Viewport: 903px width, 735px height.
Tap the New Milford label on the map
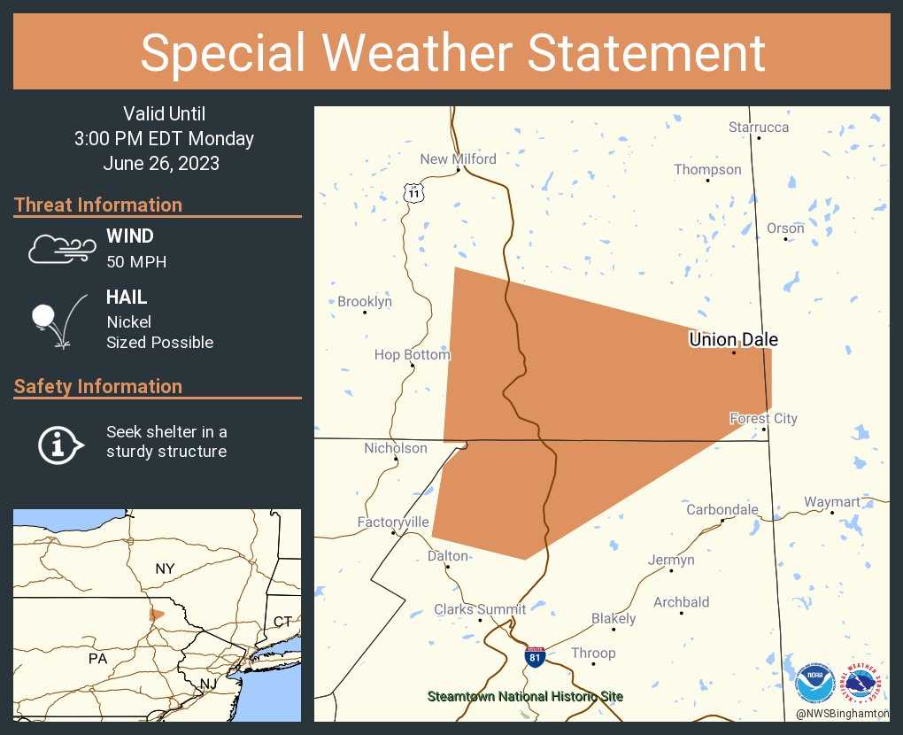tap(458, 159)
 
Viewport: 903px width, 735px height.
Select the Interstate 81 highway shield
tap(534, 657)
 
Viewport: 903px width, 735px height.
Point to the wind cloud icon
tap(61, 249)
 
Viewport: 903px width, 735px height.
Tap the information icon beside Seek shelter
tap(59, 443)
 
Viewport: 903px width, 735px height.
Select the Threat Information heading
tap(98, 205)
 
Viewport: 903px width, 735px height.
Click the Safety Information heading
tap(98, 386)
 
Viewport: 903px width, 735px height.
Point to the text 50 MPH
tap(136, 261)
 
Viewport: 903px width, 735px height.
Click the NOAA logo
tap(814, 684)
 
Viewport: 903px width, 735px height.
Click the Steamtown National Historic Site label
tap(525, 697)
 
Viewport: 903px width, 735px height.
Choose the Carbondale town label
tap(722, 509)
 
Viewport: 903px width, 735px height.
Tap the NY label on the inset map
tap(165, 569)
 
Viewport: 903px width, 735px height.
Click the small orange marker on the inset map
tap(156, 614)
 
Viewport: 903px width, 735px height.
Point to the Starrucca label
tap(759, 128)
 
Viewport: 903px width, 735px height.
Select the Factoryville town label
tap(393, 522)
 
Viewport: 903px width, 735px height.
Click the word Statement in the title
tap(646, 52)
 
